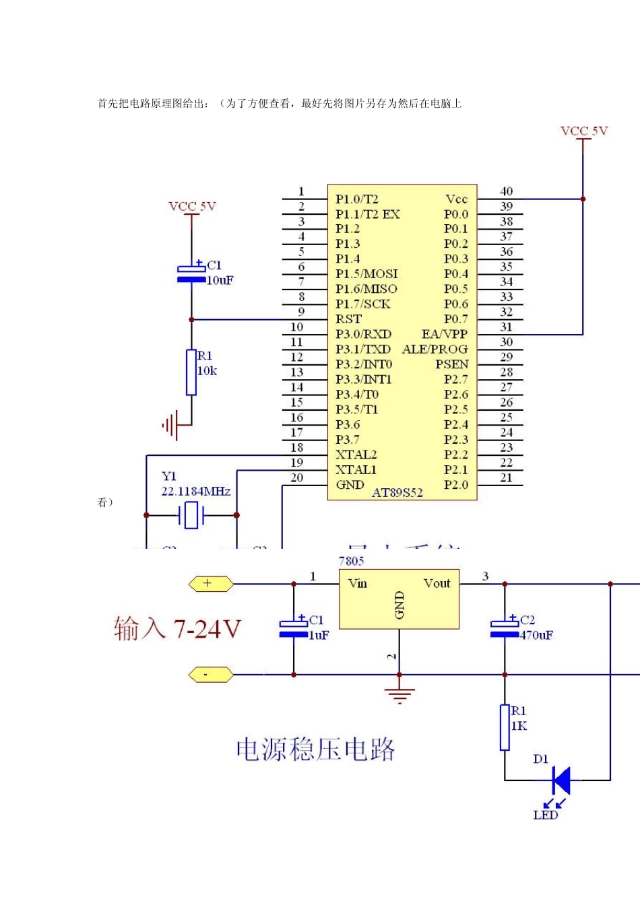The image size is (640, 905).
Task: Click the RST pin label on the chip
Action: coord(348,319)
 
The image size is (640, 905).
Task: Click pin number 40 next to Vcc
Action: coord(506,192)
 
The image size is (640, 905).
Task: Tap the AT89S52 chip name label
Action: coord(397,493)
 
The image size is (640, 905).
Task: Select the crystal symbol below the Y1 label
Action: coord(191,515)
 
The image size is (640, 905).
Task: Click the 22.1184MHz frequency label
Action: coord(195,492)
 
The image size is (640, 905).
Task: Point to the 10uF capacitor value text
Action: coord(220,280)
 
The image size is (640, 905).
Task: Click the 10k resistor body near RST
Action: coord(191,372)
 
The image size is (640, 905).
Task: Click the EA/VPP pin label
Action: coord(444,334)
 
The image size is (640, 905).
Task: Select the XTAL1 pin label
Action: coord(356,469)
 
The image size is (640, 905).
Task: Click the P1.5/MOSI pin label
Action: coord(366,274)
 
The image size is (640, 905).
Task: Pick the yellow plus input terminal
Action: coord(210,584)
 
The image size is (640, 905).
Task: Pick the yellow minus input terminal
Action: coord(210,674)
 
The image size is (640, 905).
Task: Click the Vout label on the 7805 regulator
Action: coord(437,584)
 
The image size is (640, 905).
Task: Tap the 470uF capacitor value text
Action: coord(536,635)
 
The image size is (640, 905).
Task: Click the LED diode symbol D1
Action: coord(561,780)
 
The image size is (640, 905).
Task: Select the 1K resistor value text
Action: coord(519,726)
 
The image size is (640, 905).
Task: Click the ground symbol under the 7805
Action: coord(399,694)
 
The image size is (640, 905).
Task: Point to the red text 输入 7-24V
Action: coord(177,629)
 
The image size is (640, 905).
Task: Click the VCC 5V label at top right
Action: coord(584,131)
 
